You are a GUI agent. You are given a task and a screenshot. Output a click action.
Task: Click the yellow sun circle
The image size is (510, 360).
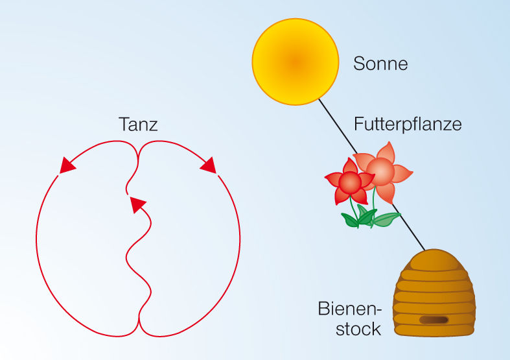[295, 61]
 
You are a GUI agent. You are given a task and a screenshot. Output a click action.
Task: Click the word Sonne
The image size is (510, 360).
[380, 64]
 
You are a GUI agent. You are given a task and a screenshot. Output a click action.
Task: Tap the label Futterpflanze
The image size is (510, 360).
[408, 123]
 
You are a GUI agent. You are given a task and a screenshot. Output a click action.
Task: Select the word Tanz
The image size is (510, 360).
[138, 124]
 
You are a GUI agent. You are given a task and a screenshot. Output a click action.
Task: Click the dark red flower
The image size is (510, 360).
[349, 184]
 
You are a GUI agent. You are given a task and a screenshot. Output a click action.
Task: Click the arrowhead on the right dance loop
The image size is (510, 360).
[209, 166]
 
